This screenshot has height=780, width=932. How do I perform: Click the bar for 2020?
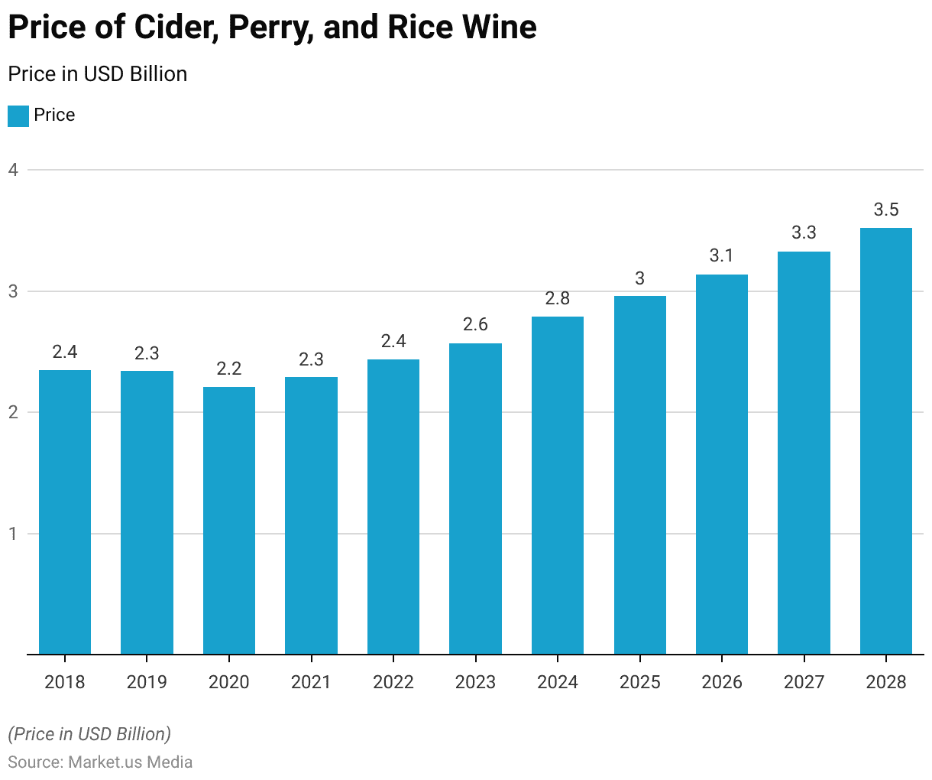pos(229,520)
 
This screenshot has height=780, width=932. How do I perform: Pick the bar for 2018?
pos(65,512)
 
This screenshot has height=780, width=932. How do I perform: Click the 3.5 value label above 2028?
pos(886,210)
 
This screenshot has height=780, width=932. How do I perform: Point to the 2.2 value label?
pos(229,369)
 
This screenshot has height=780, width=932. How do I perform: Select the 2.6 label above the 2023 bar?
pos(475,324)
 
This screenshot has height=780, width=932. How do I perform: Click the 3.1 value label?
pos(722,255)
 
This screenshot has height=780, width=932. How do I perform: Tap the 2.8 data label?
pos(558,298)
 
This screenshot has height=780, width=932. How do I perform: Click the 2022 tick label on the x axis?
pos(393,682)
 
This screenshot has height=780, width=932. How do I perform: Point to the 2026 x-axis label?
pos(722,682)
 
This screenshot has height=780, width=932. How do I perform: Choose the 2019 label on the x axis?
pos(147,682)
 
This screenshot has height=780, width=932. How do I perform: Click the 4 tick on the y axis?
pos(13,170)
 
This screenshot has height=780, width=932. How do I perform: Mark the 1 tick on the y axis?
pos(13,534)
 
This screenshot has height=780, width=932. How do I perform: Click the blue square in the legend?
pos(18,116)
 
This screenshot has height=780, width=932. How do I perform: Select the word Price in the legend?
pos(54,115)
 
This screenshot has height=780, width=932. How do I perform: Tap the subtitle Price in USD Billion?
pos(97,74)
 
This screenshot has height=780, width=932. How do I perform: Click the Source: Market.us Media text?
pos(100,762)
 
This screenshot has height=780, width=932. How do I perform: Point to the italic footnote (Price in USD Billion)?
pos(89,734)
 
